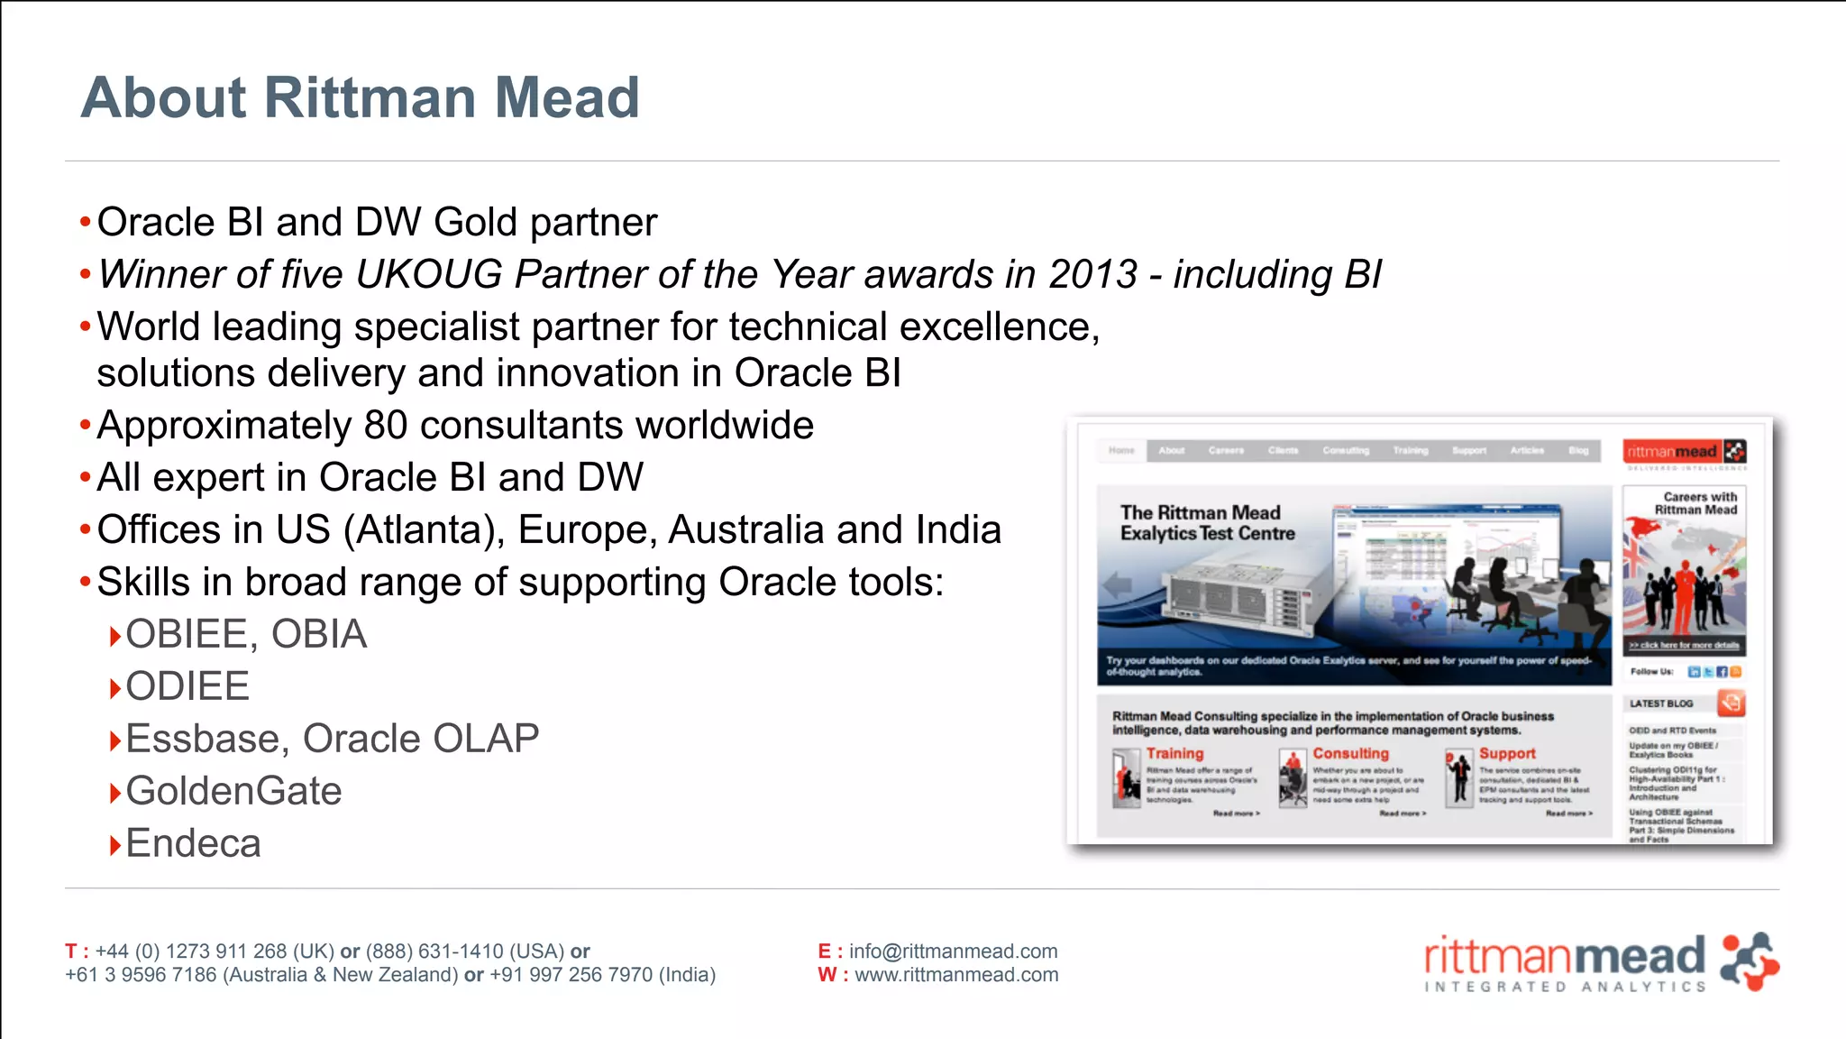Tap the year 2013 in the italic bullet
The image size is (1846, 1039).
(1092, 274)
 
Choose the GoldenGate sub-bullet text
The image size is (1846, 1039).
(233, 791)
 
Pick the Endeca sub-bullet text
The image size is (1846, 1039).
(193, 843)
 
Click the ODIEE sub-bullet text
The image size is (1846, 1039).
(187, 686)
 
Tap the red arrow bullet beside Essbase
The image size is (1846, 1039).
(114, 741)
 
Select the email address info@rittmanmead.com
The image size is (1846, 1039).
(953, 952)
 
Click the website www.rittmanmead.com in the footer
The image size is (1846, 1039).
(956, 975)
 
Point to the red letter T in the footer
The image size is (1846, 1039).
(71, 952)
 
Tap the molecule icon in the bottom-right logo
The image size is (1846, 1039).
(1749, 962)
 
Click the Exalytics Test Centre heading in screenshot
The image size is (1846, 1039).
(1207, 523)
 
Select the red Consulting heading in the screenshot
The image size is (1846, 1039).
(1350, 753)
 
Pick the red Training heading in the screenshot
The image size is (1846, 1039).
(1174, 753)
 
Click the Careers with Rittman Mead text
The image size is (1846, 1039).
(1697, 503)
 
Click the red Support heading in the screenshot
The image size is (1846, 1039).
(1507, 753)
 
